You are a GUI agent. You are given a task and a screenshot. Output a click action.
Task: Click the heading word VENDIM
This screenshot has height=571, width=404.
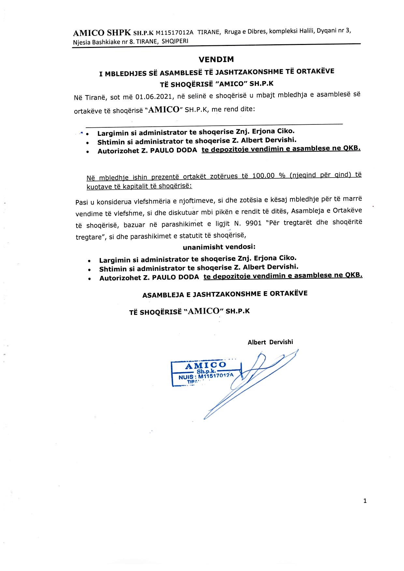click(216, 60)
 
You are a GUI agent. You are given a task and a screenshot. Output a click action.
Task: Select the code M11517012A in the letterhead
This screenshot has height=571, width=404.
click(175, 32)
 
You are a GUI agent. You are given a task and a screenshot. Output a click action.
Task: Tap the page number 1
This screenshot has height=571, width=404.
click(365, 501)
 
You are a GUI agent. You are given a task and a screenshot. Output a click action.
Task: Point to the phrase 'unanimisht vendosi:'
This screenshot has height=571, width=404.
click(219, 247)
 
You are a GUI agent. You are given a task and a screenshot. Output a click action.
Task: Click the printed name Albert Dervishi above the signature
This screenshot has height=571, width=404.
click(270, 342)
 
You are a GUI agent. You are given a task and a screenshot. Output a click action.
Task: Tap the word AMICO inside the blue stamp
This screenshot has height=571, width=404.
click(205, 365)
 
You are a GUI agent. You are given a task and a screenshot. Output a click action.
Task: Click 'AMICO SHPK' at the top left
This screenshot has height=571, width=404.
click(102, 33)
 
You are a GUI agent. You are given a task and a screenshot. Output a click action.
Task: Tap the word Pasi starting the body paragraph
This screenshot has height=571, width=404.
click(81, 202)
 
